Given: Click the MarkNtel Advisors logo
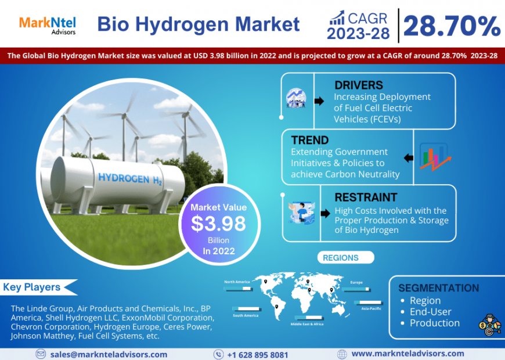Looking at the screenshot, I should pos(48,25).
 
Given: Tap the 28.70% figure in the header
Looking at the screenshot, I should pos(452,26).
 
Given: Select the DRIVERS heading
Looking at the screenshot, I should pos(359,85).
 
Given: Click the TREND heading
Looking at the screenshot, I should pos(310,140).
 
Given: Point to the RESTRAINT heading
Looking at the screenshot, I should pos(366,197).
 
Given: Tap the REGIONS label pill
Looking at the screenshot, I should pos(341,257).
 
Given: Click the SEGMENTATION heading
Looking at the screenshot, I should pos(439,288).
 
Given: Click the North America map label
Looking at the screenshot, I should pos(237,282).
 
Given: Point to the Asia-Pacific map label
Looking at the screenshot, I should pos(371,308).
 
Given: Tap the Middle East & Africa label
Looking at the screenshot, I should pos(308,324).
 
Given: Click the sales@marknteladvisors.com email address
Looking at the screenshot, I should pos(109,354).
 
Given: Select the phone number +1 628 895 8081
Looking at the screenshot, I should pos(257,354).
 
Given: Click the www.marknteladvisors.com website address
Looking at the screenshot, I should pos(407,354).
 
